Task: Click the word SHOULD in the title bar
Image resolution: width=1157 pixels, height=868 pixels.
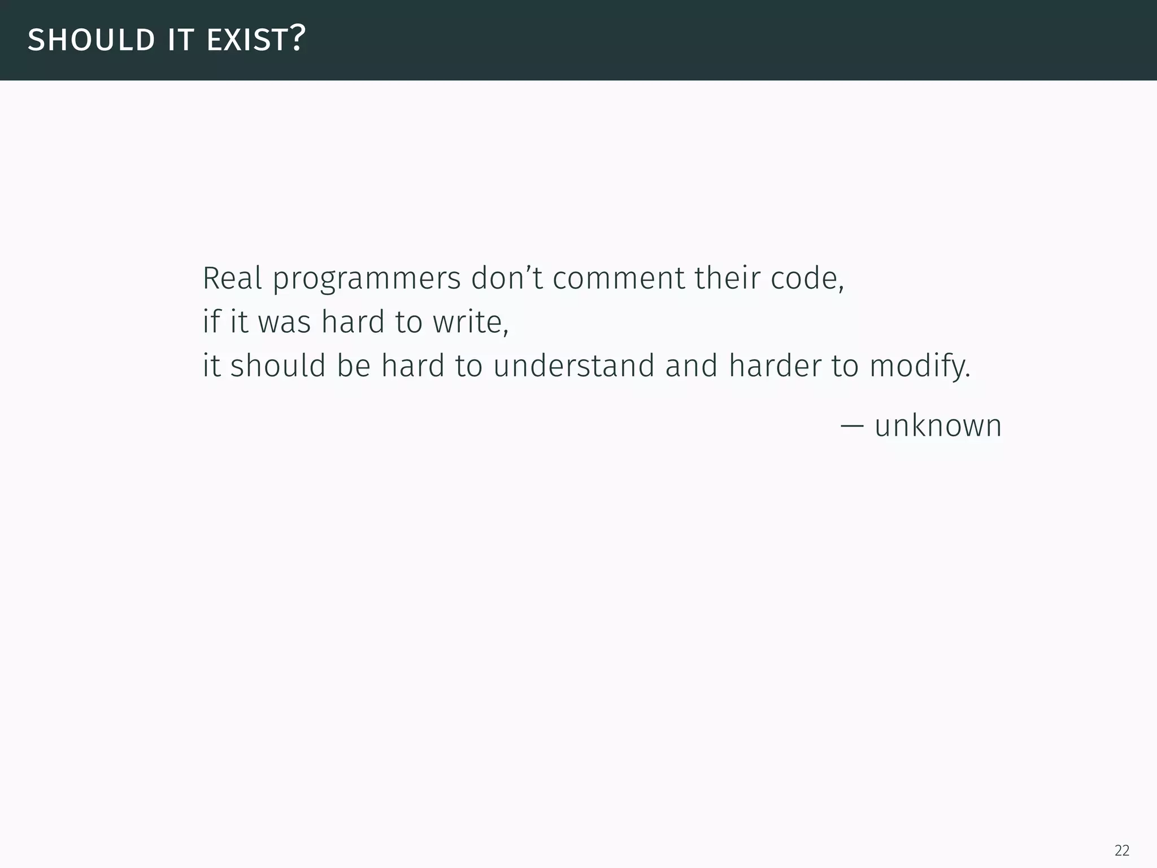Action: (91, 40)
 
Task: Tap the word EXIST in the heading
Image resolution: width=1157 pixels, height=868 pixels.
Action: (247, 40)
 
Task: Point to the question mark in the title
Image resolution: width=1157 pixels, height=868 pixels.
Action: (298, 38)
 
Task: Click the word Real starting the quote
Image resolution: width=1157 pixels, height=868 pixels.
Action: (232, 278)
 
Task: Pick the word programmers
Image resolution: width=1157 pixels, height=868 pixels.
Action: (367, 279)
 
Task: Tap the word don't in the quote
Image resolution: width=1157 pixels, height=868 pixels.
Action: (507, 278)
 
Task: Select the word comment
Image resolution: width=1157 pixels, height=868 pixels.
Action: (619, 278)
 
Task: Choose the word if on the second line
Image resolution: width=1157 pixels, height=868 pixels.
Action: (211, 322)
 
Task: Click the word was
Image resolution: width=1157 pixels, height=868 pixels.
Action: (285, 323)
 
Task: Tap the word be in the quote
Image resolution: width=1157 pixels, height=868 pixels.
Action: (354, 366)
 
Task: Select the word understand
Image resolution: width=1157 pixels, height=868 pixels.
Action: (573, 366)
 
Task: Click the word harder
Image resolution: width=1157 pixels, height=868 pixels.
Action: (775, 366)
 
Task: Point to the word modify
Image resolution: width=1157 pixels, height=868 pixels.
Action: (919, 367)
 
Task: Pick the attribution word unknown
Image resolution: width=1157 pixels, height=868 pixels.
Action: (938, 426)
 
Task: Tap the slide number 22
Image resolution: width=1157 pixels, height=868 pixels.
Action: (1122, 850)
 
